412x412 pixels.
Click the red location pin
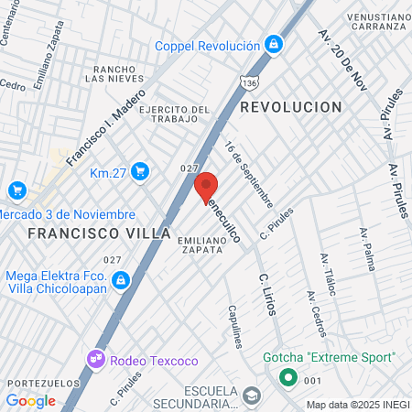tap(206, 186)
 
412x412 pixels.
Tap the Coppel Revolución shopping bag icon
tap(273, 44)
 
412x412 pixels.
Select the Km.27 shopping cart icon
tap(140, 171)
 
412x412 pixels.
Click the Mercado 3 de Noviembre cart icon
tap(16, 190)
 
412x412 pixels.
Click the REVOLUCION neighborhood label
tap(291, 107)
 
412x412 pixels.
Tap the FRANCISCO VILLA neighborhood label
tap(99, 233)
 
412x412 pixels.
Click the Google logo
tap(30, 400)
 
